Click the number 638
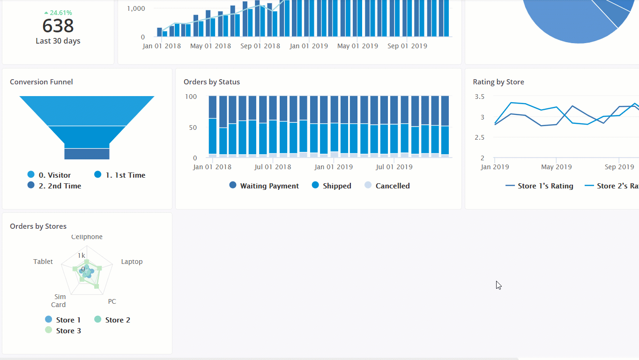click(58, 26)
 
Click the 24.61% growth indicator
click(58, 13)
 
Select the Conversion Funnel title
click(41, 82)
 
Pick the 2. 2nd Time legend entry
click(59, 186)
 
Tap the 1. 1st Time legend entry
click(125, 175)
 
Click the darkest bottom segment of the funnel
click(87, 154)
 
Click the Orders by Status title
click(212, 82)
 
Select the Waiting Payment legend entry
click(269, 186)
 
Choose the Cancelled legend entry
click(392, 186)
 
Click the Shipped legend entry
click(336, 186)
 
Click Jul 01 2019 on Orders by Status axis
click(394, 167)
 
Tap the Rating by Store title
click(498, 82)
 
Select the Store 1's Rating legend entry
click(545, 186)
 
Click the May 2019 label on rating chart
click(557, 167)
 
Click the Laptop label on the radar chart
click(132, 262)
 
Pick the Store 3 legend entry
click(68, 331)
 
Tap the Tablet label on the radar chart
click(43, 262)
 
